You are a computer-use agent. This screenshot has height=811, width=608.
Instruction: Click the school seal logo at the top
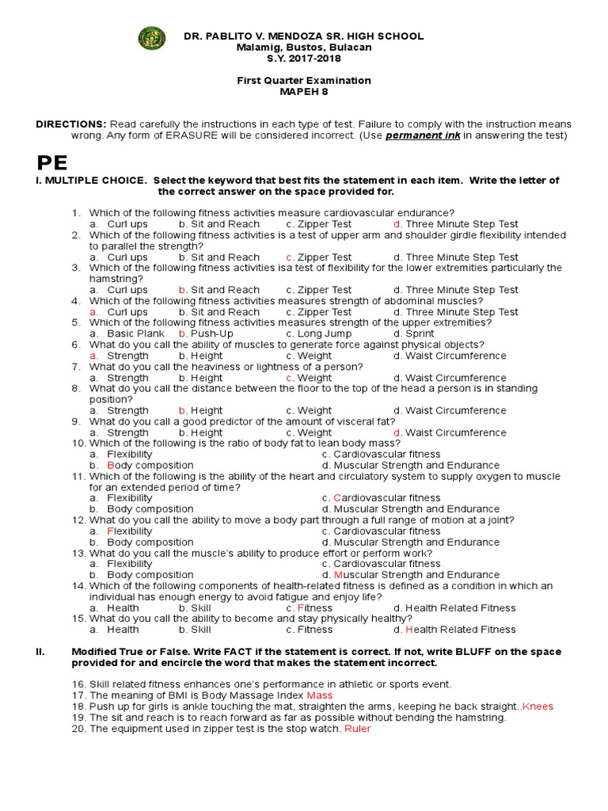pos(151,37)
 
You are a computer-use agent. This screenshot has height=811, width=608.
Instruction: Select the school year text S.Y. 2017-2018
pos(304,59)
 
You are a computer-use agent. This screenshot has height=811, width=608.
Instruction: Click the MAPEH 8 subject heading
pos(304,92)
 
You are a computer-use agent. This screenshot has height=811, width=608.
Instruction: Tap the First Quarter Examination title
pos(304,81)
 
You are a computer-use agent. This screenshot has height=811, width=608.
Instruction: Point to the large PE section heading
pos(53,163)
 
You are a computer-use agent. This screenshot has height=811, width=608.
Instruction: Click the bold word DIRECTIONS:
pos(71,124)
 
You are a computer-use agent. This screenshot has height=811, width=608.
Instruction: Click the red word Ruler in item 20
pos(357,729)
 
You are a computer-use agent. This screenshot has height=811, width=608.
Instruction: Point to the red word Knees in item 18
pos(538,706)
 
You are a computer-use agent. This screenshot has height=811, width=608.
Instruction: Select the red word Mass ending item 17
pos(309,695)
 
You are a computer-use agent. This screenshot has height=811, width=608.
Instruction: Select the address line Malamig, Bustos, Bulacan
pos(304,48)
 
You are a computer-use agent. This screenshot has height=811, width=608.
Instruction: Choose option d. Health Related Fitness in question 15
pos(454,630)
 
